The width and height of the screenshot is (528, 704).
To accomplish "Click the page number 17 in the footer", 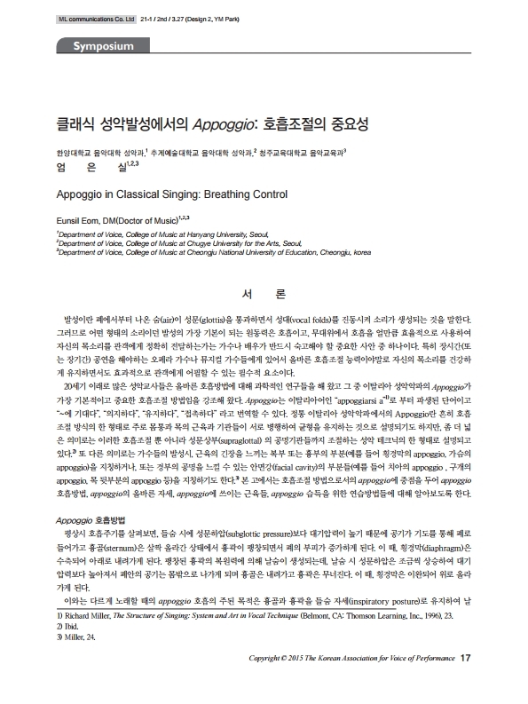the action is pos(467,682).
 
